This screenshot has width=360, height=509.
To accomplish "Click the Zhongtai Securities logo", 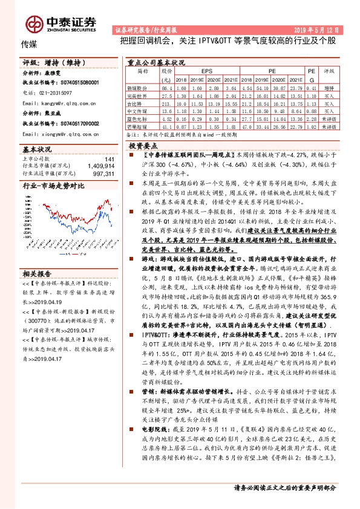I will (x=60, y=22).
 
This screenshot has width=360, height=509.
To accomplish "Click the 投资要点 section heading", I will (x=143, y=146).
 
